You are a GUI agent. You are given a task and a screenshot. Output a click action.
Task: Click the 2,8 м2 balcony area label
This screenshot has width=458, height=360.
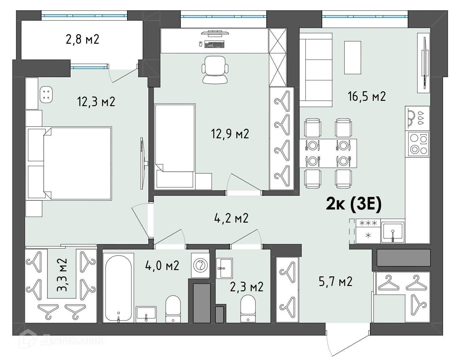(82, 39)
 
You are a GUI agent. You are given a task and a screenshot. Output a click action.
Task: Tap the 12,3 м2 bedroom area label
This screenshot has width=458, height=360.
(96, 101)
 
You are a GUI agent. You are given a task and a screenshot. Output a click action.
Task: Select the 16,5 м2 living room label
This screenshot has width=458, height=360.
(367, 96)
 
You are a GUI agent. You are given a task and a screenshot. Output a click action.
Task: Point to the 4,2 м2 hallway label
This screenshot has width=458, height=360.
(231, 218)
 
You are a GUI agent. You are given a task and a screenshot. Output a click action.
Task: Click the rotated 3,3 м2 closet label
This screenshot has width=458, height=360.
(62, 275)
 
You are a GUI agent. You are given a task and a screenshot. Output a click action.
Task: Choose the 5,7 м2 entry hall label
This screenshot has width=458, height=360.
(336, 281)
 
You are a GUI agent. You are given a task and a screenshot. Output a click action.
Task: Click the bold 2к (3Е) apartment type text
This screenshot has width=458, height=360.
(354, 204)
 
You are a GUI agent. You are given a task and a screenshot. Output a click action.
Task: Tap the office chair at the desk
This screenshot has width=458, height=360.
(215, 70)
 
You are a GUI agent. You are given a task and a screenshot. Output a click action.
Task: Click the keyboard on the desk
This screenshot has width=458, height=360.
(214, 45)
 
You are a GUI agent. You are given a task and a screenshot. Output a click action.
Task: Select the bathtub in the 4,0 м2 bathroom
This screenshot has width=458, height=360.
(118, 288)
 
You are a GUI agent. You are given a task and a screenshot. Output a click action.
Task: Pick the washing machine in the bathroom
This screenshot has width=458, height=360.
(200, 265)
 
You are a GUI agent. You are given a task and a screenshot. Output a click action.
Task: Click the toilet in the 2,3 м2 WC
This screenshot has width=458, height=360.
(248, 308)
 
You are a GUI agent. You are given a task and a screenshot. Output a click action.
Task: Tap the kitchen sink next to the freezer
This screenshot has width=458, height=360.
(393, 232)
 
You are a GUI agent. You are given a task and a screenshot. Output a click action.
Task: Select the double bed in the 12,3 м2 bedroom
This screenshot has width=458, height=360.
(70, 164)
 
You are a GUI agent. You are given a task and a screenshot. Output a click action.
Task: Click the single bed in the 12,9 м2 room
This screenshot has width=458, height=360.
(175, 146)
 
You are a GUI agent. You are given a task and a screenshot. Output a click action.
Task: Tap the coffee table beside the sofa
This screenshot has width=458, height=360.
(352, 57)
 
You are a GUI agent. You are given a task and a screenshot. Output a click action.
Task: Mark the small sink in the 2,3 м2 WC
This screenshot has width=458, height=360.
(224, 268)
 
